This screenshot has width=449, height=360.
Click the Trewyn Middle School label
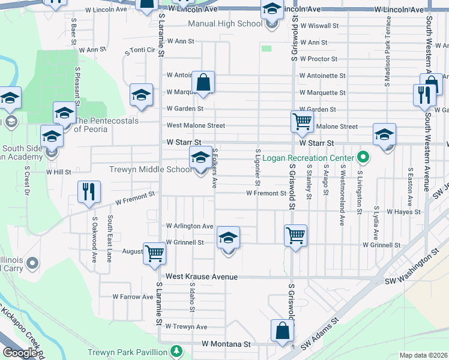151,169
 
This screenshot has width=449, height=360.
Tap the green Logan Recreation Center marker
363,158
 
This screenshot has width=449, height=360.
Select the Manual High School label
225,24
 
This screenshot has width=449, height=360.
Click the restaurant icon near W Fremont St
89,192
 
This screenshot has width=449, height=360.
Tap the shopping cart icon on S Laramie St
155,253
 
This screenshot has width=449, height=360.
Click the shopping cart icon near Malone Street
302,121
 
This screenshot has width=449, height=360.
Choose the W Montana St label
226,344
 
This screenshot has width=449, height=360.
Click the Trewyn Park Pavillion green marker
176,350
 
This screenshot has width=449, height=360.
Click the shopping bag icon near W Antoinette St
203,82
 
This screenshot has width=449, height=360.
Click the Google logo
19,353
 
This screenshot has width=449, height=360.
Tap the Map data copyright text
423,355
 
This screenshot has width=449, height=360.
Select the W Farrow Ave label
133,296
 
